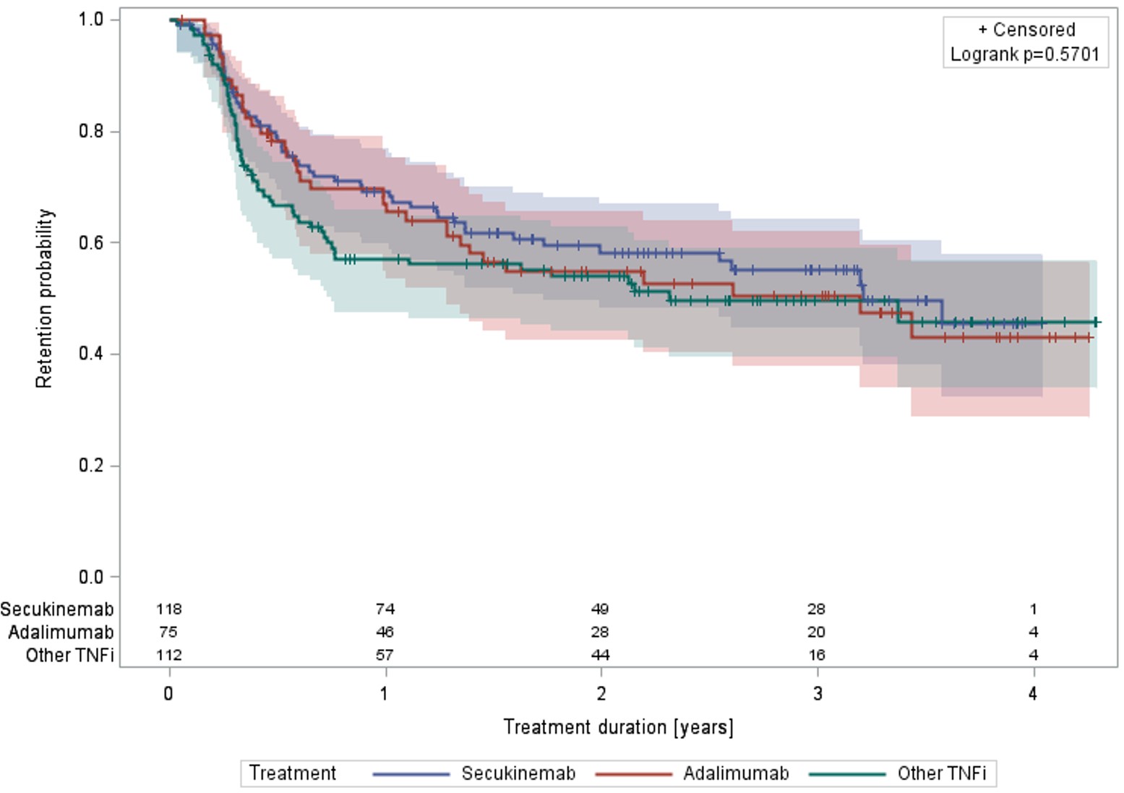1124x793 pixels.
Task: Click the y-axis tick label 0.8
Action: pos(91,131)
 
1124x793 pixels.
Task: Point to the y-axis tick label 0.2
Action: pos(91,465)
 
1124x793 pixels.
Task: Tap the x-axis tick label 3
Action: pos(817,694)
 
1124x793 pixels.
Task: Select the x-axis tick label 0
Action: pos(168,694)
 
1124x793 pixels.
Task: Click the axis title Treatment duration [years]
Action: pos(618,727)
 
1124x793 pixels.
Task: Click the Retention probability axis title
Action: pos(45,298)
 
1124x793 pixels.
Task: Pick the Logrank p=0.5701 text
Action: pos(1024,54)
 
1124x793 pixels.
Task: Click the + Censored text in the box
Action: pos(1026,30)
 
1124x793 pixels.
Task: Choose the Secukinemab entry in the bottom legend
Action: pos(518,773)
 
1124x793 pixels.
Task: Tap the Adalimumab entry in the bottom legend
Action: pos(736,773)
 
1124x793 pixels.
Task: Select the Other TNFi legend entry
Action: pos(941,773)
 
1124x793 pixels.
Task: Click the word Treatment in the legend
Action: pos(293,773)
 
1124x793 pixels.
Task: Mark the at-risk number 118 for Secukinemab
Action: pos(168,609)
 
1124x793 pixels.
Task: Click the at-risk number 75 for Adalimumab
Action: pos(168,632)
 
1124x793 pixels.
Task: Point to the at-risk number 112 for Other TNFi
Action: pos(168,656)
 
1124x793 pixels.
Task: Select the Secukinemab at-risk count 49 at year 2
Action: pos(600,609)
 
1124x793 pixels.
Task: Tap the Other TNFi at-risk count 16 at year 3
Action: pos(817,656)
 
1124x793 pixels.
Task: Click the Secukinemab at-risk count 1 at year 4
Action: pos(1033,609)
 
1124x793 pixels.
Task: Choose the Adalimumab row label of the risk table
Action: pos(61,632)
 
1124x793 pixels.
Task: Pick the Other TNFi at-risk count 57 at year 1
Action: pos(385,656)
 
